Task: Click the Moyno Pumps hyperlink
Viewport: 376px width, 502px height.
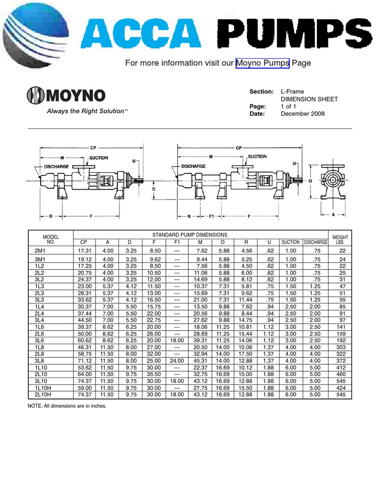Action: (262, 63)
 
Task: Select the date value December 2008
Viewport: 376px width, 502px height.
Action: (302, 114)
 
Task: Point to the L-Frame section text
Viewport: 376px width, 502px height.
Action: (292, 92)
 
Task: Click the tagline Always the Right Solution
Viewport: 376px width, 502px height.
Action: (87, 111)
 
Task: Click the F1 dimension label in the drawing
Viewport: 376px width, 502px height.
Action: (212, 216)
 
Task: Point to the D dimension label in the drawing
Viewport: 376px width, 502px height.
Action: (153, 189)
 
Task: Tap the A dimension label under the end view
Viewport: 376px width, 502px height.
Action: (333, 214)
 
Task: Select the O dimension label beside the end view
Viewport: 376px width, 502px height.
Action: (310, 180)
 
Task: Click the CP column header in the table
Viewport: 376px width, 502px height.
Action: (83, 242)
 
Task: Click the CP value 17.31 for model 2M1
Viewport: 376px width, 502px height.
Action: (85, 251)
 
